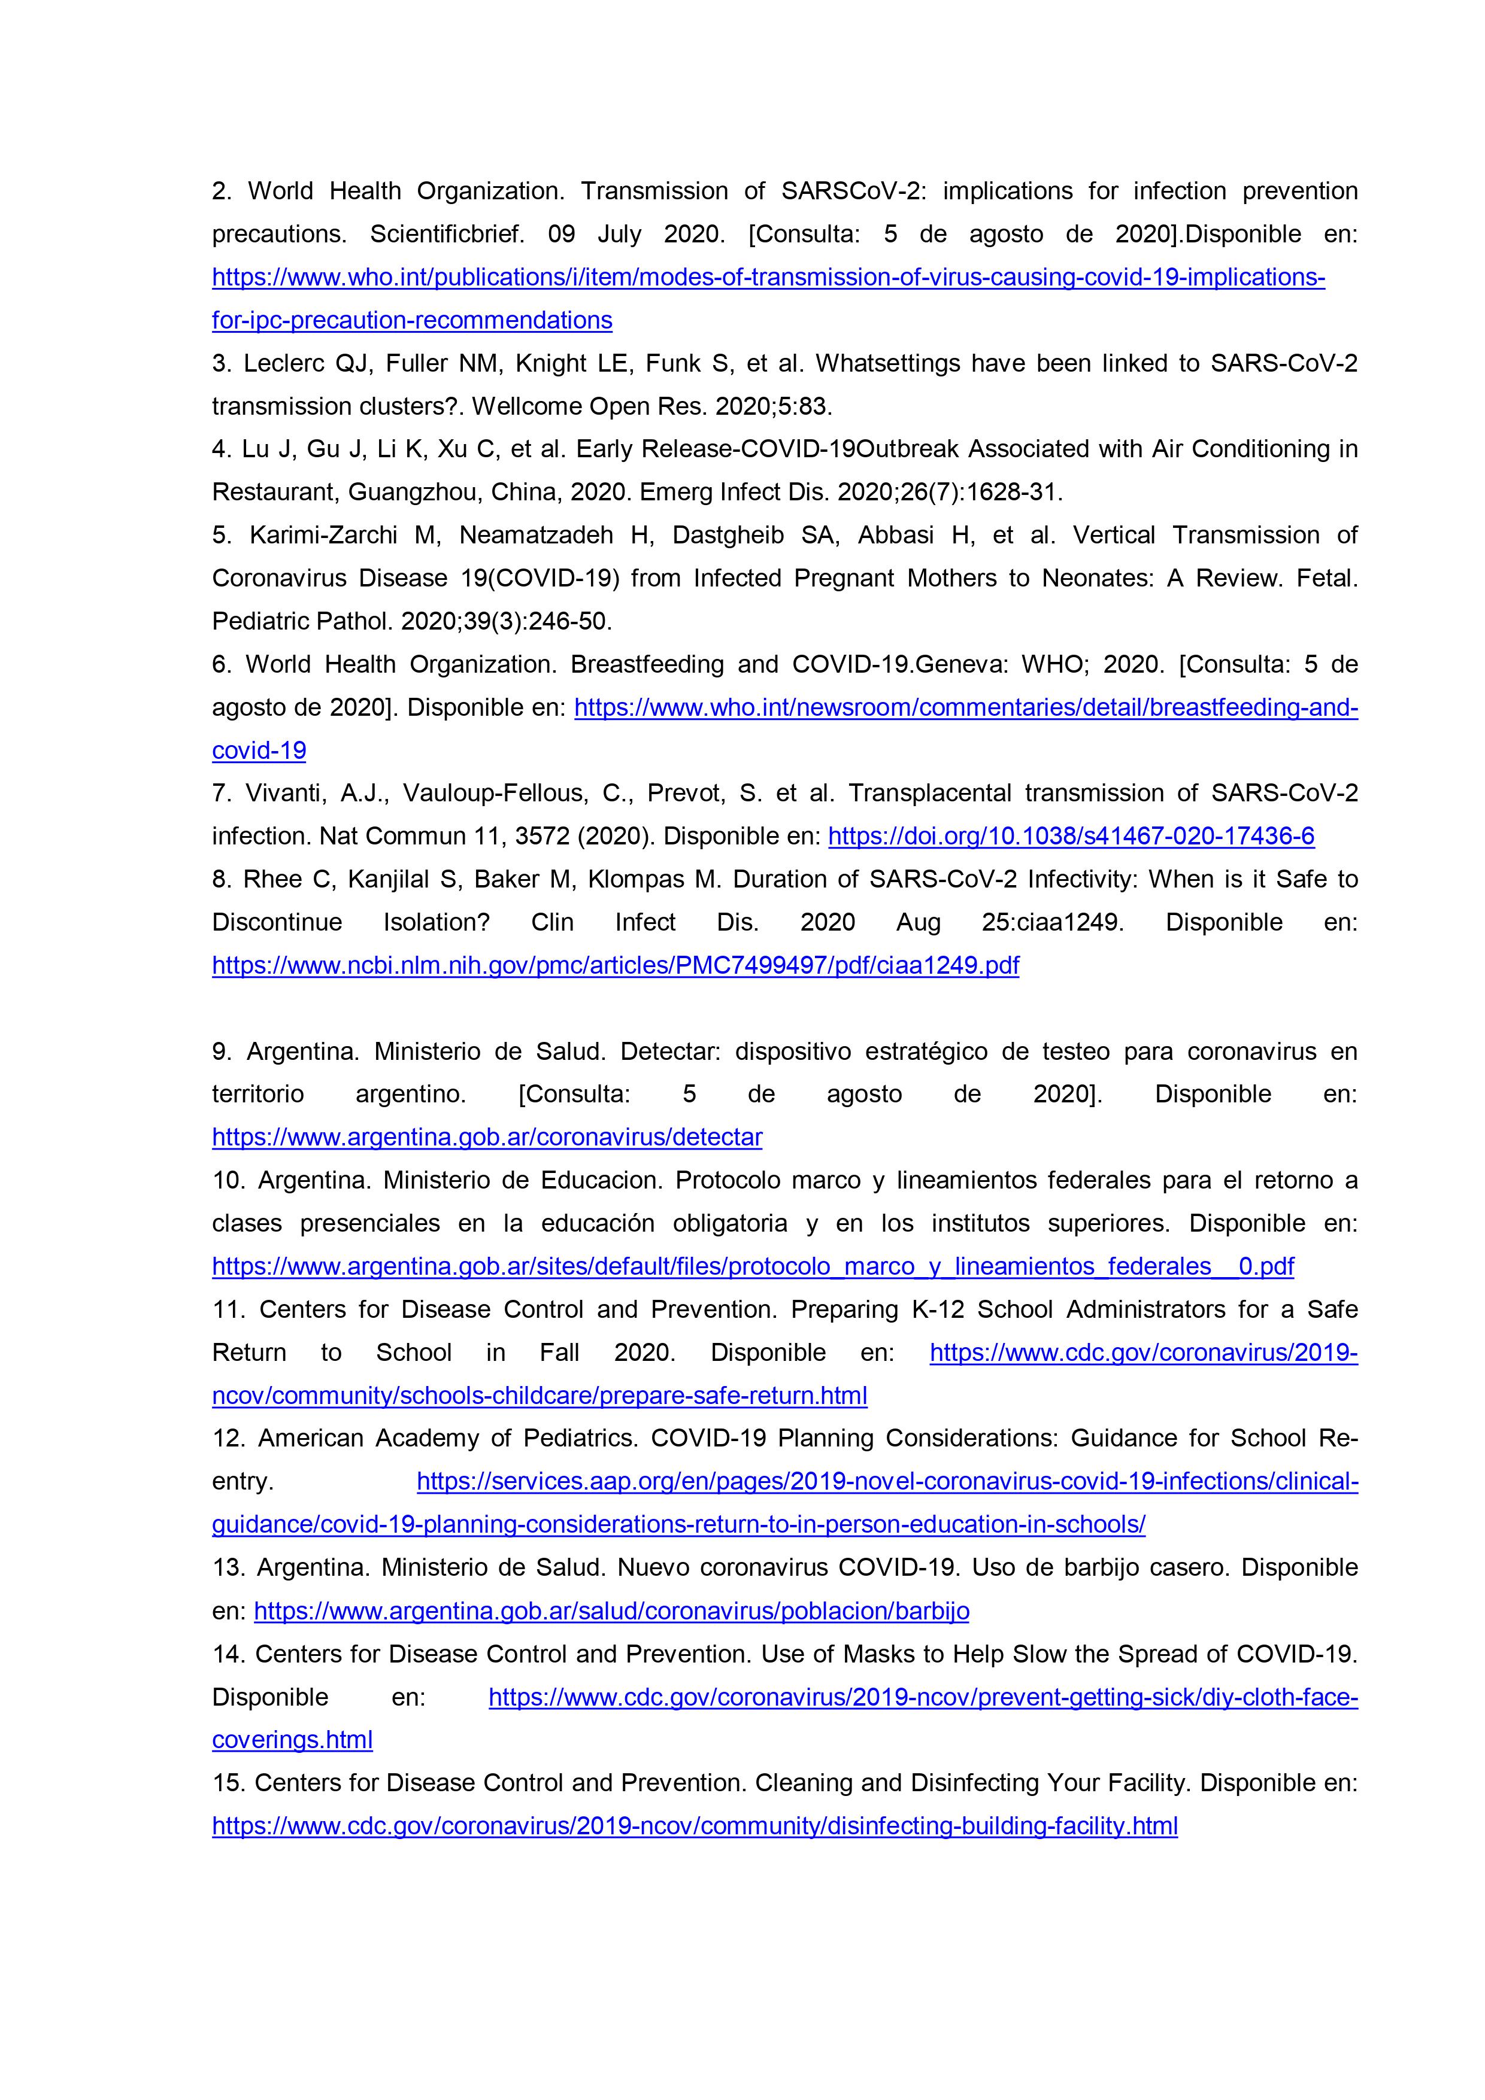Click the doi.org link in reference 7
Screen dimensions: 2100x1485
[x=1071, y=836]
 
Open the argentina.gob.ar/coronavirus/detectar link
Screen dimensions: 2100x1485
[x=487, y=1137]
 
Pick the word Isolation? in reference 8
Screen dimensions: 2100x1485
[x=437, y=922]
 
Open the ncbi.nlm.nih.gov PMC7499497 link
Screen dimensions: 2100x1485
[x=615, y=965]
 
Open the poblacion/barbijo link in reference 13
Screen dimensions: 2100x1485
[x=611, y=1610]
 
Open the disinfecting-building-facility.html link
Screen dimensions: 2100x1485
[x=695, y=1826]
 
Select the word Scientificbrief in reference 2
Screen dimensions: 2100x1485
[x=447, y=234]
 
